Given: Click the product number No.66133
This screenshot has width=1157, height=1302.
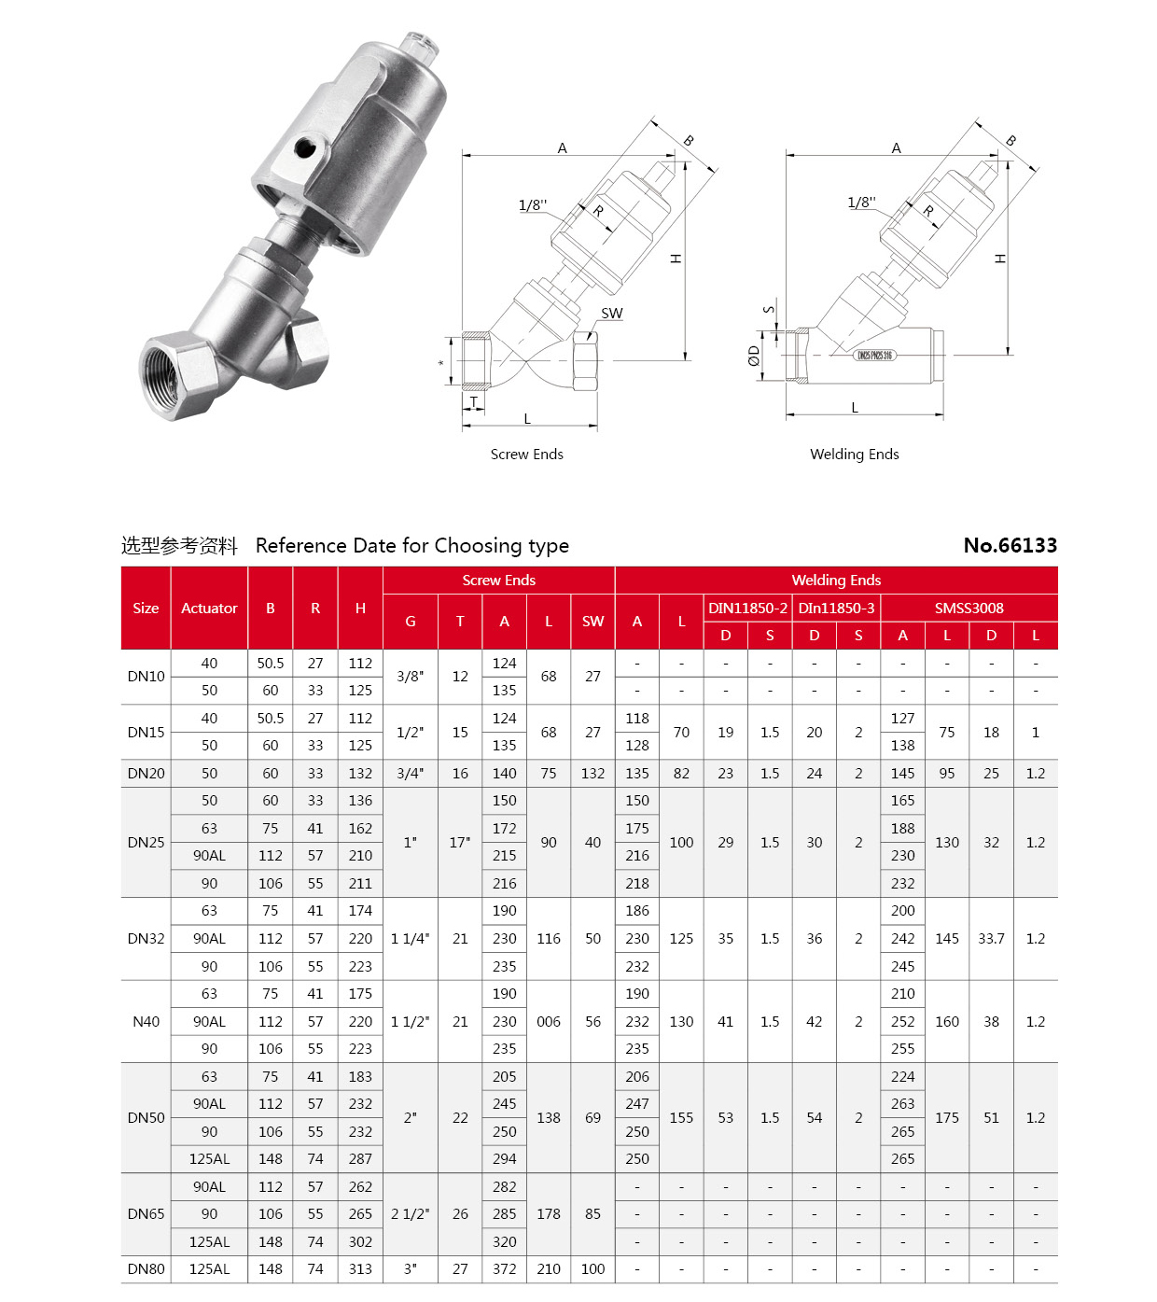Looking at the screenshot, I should (1010, 545).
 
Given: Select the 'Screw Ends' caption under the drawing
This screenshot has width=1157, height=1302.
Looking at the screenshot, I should (526, 455).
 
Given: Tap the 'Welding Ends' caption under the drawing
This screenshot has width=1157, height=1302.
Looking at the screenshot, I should (854, 455).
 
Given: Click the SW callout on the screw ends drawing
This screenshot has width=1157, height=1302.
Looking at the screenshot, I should (611, 314).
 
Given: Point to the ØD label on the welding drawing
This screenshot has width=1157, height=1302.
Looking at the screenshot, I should (754, 356).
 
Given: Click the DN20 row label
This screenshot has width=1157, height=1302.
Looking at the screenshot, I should (146, 773).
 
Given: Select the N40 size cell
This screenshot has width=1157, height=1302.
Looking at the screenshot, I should (146, 1021).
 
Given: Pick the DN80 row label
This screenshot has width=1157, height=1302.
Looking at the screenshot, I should (146, 1269).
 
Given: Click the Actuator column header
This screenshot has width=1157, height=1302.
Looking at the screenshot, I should (209, 608).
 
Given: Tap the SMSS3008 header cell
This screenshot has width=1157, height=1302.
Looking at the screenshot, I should (969, 608).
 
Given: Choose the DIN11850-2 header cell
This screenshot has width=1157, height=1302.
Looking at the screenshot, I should (747, 608).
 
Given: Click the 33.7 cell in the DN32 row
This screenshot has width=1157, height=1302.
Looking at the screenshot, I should (991, 938).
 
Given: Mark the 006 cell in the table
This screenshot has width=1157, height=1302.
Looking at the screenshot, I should (549, 1021).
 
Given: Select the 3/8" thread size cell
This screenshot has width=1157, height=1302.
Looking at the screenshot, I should (410, 677).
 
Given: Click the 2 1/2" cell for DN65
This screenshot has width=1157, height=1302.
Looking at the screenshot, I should (410, 1214).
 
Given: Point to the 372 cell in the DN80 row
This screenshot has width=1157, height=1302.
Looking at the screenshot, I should (504, 1269).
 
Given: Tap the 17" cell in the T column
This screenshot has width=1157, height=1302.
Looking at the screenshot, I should (460, 842).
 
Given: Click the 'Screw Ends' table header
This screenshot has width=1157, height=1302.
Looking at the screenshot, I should (498, 581).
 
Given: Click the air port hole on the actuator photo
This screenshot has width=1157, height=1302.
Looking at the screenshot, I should (306, 147).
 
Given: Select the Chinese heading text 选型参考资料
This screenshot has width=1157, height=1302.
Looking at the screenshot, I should (179, 546).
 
